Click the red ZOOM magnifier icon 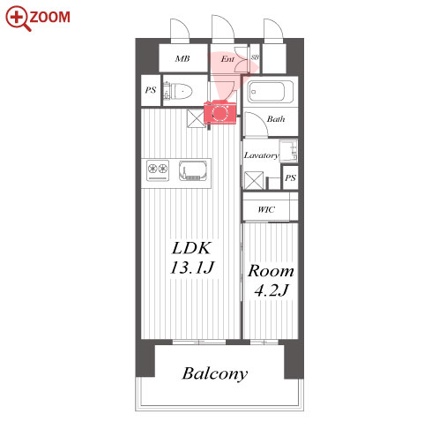point(18,19)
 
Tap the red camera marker point(220,112)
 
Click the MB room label point(182,58)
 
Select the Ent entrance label point(227,59)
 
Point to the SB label point(255,57)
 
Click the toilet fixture point(178,91)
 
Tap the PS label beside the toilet point(151,90)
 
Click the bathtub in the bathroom point(270,92)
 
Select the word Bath point(276,119)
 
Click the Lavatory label point(261,155)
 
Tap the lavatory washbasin point(288,151)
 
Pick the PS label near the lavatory point(290,177)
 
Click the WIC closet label point(266,209)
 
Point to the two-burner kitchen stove point(158,170)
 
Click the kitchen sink point(192,170)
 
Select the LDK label point(191,248)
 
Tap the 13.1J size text point(192,268)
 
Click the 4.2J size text point(272,290)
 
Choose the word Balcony point(215,374)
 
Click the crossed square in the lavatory point(254,180)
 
